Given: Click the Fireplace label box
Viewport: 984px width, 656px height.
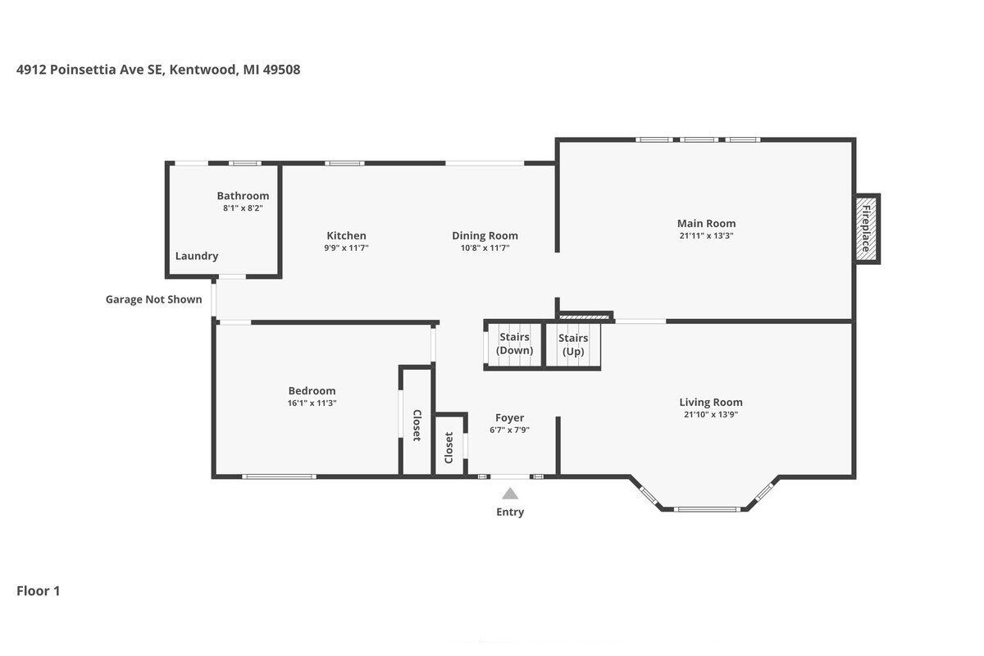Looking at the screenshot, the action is [866, 229].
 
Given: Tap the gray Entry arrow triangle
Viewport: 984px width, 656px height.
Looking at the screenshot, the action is [509, 494].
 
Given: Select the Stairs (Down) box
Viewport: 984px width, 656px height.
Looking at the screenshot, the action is [514, 345].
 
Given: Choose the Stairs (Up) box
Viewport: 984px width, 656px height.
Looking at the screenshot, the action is [573, 345].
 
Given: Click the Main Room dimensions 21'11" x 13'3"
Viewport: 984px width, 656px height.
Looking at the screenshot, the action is [706, 235].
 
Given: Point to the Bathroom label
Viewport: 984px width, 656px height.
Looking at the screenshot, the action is [243, 195].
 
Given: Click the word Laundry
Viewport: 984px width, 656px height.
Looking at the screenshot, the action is [197, 256].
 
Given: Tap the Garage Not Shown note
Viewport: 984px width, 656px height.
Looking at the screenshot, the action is [154, 299].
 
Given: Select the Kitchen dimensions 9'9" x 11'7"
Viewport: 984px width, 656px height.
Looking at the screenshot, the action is [346, 248].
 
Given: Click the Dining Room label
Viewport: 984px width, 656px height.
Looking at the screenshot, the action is [485, 235].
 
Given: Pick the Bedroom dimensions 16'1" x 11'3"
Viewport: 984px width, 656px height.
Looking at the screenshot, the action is [312, 403].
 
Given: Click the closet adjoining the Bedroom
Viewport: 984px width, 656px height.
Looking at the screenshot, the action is [417, 422].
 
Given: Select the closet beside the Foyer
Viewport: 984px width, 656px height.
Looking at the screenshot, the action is [449, 445].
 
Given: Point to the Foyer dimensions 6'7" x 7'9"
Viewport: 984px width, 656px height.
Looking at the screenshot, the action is [509, 430].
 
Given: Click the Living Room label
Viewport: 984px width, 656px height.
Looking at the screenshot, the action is [711, 402].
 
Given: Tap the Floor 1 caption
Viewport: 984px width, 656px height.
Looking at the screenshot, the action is [39, 591].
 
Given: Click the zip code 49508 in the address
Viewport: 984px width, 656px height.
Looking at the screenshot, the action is [281, 70].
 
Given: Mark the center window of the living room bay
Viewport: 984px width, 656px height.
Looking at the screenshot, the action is [707, 509].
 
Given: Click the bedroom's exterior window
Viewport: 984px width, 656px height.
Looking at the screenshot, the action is [279, 476].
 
